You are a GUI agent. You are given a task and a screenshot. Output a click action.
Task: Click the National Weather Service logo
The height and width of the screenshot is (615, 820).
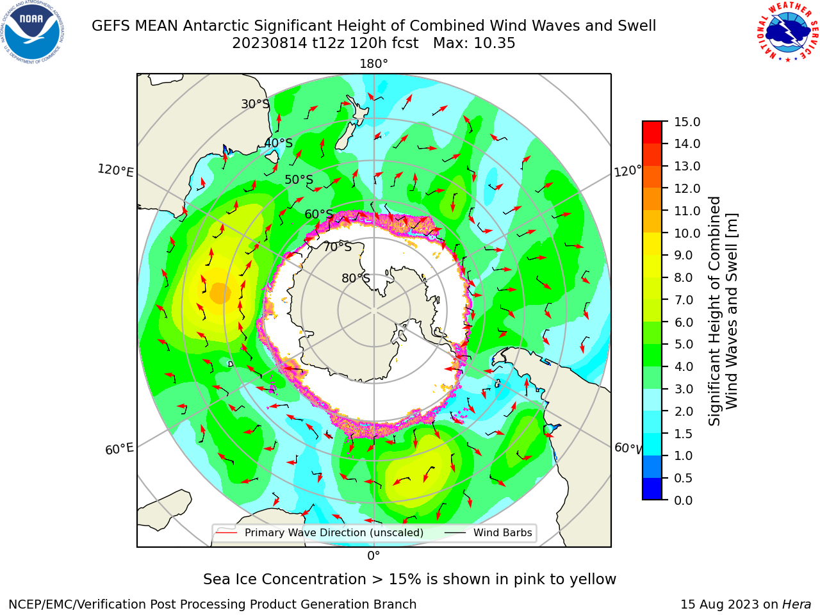pyautogui.click(x=787, y=32)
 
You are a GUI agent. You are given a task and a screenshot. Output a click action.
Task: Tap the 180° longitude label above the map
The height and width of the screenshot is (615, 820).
pyautogui.click(x=373, y=64)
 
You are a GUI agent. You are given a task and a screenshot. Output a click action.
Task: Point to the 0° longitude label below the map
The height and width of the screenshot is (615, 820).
pyautogui.click(x=373, y=556)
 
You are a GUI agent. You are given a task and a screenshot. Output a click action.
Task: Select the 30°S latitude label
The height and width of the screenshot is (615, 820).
pyautogui.click(x=255, y=104)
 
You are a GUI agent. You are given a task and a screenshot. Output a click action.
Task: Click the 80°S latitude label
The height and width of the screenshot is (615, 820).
pyautogui.click(x=356, y=278)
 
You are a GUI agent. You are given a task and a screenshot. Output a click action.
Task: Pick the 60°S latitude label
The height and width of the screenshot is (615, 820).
pyautogui.click(x=318, y=214)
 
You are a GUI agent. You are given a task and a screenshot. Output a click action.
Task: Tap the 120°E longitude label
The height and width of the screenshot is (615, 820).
pyautogui.click(x=115, y=170)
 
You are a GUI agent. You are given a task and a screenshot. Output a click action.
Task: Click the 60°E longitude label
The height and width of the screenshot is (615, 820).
pyautogui.click(x=119, y=449)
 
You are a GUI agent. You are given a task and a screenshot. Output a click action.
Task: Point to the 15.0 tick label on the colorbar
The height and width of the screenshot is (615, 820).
pyautogui.click(x=687, y=122)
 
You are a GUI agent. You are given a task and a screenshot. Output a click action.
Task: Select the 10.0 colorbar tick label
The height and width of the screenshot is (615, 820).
pyautogui.click(x=687, y=233)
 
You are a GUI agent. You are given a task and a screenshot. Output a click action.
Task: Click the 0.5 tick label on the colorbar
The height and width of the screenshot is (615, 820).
pyautogui.click(x=684, y=479)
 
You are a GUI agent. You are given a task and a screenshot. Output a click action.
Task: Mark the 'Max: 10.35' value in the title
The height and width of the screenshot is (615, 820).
pyautogui.click(x=474, y=44)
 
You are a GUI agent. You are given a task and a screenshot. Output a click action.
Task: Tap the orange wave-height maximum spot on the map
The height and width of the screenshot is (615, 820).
pyautogui.click(x=220, y=293)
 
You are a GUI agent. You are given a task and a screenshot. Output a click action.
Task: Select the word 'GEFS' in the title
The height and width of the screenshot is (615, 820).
pyautogui.click(x=111, y=26)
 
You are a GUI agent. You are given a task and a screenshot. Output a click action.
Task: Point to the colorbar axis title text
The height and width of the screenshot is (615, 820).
pyautogui.click(x=723, y=311)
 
